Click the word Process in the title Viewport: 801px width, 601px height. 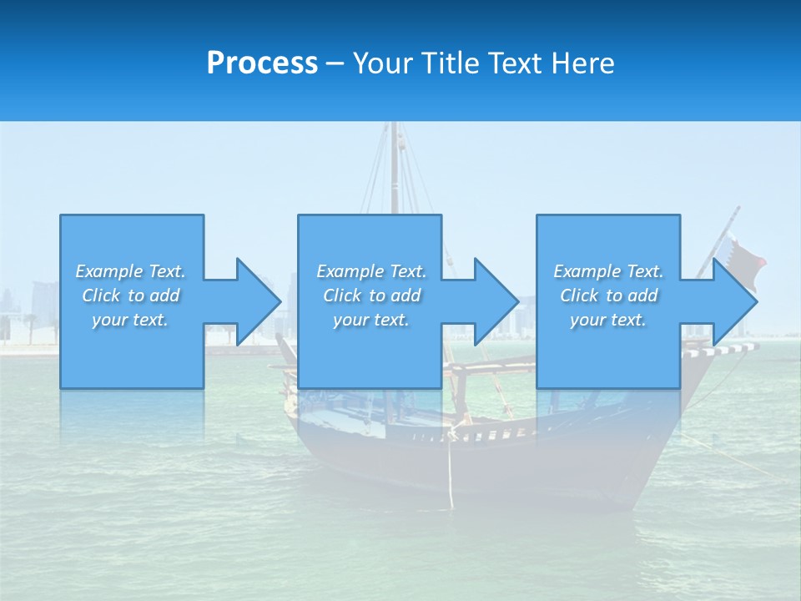pos(262,63)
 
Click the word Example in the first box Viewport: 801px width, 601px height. pos(109,271)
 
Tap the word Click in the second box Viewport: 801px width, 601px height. pos(342,295)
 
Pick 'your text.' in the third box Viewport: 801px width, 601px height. pos(607,320)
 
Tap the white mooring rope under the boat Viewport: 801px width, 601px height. pos(451,476)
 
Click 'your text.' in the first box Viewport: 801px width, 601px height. pos(130,320)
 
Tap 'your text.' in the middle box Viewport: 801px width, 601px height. pos(370,320)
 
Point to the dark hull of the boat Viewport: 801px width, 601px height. pos(501,467)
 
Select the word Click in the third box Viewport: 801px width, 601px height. pos(579,295)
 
